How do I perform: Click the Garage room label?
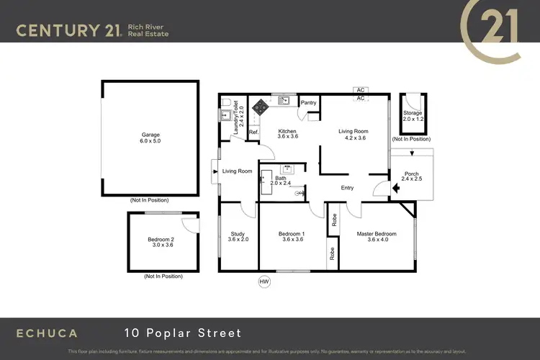click(150, 135)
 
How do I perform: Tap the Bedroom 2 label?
click(161, 239)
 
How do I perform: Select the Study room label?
click(238, 234)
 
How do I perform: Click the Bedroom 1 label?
click(293, 234)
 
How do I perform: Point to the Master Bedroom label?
click(377, 234)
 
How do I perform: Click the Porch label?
click(412, 174)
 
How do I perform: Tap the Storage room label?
click(413, 113)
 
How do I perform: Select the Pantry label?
click(309, 103)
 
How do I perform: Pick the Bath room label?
click(280, 177)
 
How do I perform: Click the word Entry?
click(348, 188)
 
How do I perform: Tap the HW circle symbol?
click(264, 282)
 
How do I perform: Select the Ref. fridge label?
click(253, 132)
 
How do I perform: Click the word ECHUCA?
click(47, 333)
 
